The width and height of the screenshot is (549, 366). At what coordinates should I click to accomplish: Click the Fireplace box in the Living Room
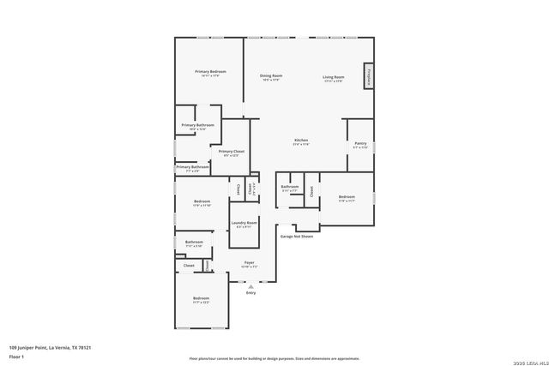369,77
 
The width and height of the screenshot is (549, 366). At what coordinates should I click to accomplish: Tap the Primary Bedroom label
210,72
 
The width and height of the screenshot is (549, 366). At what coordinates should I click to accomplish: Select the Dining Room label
271,77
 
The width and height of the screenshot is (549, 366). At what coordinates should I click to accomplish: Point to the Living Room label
333,77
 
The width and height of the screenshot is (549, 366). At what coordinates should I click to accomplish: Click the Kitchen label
301,141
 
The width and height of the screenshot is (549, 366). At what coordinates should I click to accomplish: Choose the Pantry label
360,145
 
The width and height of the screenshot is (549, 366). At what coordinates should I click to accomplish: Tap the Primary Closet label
231,153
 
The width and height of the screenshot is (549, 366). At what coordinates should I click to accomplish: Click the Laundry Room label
243,225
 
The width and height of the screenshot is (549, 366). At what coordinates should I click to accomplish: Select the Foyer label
250,264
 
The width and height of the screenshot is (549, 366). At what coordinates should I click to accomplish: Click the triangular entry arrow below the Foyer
250,286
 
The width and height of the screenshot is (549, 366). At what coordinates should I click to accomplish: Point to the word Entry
250,293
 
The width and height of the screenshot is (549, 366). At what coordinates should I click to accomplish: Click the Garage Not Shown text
297,236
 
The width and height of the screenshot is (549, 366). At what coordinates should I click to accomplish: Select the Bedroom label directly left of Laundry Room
202,203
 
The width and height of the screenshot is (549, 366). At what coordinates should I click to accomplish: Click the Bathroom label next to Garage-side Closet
290,188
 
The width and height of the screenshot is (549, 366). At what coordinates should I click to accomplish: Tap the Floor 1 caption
15,355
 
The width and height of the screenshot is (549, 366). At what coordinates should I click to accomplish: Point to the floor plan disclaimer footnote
274,358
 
